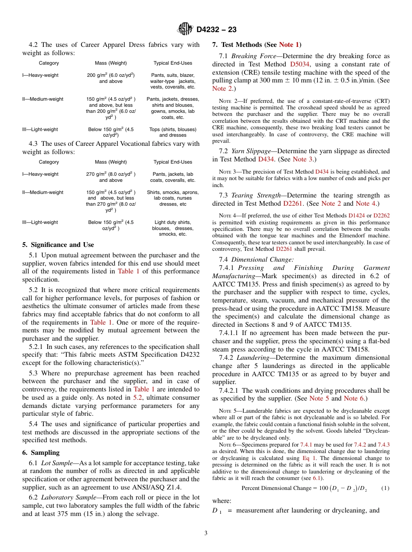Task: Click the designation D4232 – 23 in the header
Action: coord(216,30)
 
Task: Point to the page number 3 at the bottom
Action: coord(206,533)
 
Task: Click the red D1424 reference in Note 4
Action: coord(357,215)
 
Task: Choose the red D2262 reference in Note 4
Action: coord(381,215)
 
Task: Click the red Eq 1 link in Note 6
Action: coord(309,458)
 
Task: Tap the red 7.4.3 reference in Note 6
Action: coord(383,445)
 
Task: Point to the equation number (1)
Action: coord(385,488)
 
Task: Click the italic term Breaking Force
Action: coord(251,56)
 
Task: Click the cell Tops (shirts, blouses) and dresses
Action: coord(173,132)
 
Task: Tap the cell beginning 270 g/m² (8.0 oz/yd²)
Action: coord(111,177)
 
